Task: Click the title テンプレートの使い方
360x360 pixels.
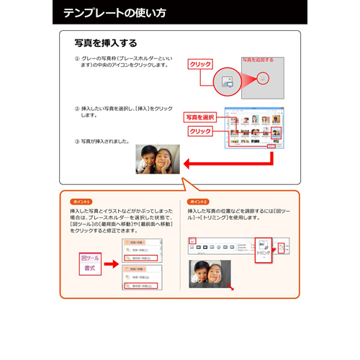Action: [114, 13]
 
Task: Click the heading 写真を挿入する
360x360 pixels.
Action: [106, 43]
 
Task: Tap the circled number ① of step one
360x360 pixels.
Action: [77, 59]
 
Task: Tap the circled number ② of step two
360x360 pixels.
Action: [77, 109]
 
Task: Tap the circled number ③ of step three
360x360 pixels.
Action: [77, 141]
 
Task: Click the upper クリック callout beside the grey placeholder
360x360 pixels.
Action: [200, 65]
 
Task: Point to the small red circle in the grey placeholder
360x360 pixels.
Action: [264, 77]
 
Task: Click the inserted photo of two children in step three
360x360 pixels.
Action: [158, 159]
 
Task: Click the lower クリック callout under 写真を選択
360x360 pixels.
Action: [200, 132]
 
